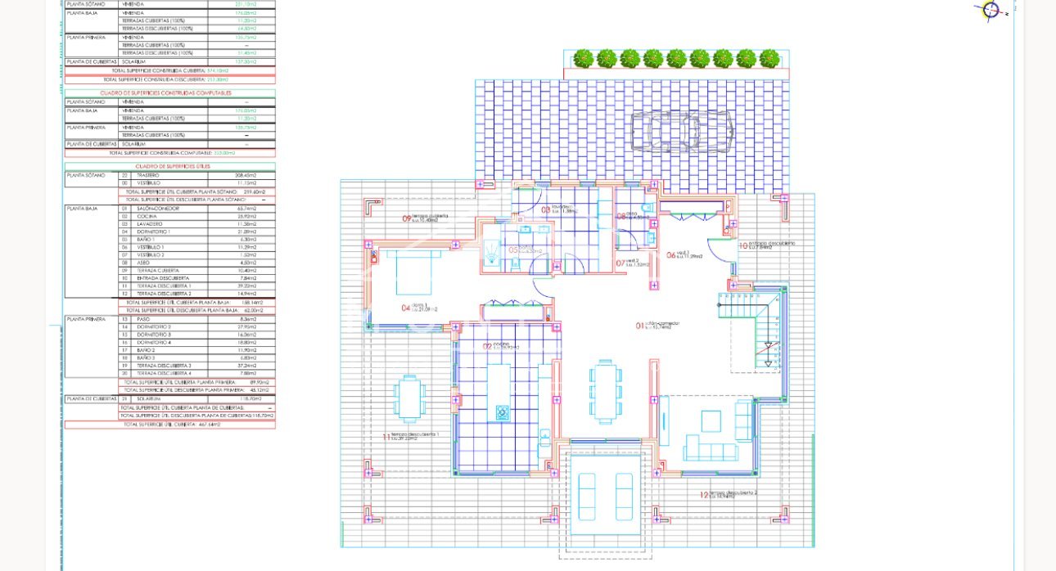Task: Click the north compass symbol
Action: pyautogui.click(x=991, y=10)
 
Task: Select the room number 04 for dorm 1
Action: pyautogui.click(x=406, y=308)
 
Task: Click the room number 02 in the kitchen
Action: pyautogui.click(x=487, y=346)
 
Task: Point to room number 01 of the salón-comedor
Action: pyautogui.click(x=640, y=326)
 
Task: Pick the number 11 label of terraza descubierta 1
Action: pyautogui.click(x=386, y=437)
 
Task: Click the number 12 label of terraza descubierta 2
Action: pyautogui.click(x=704, y=495)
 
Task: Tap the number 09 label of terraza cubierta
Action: pyautogui.click(x=406, y=218)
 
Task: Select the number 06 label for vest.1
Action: pyautogui.click(x=670, y=255)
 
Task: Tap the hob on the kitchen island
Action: pyautogui.click(x=503, y=411)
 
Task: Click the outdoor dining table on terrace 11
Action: pyautogui.click(x=408, y=397)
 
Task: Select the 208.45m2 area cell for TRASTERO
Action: pyautogui.click(x=246, y=175)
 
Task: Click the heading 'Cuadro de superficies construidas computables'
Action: pyautogui.click(x=170, y=93)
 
